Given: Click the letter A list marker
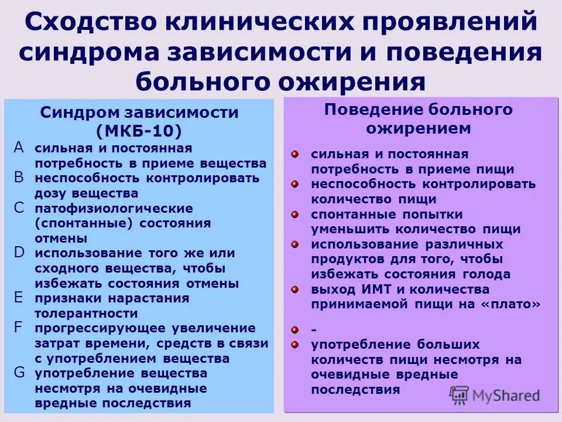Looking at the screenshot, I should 19,148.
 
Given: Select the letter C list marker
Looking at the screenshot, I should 19,207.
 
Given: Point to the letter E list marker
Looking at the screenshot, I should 19,297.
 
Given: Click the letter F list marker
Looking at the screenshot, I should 19,327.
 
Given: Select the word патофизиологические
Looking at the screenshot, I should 113,209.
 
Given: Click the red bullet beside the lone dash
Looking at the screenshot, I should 296,331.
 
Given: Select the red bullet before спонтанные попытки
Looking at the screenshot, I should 296,215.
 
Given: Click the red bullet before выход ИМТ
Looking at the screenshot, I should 296,289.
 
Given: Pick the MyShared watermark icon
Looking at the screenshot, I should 460,395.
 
